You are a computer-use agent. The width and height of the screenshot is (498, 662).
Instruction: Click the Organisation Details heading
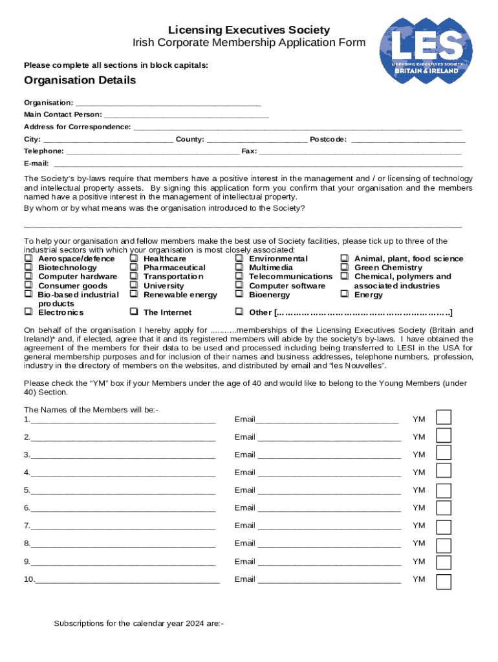click(x=80, y=80)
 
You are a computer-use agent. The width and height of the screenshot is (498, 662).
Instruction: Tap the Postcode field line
click(x=407, y=140)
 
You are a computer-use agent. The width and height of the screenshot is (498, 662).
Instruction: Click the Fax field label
click(x=248, y=151)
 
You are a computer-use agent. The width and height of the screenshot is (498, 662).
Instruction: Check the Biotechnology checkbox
click(x=28, y=268)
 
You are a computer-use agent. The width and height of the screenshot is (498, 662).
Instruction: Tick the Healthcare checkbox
click(x=133, y=259)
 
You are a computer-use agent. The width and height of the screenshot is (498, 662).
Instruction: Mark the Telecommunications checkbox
click(x=239, y=277)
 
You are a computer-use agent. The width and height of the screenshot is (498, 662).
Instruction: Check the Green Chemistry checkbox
click(x=345, y=268)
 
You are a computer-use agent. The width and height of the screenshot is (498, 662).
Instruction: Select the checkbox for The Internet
click(x=133, y=312)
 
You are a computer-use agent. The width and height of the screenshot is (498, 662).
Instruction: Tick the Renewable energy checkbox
click(x=133, y=295)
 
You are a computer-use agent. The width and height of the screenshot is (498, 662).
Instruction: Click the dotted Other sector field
click(x=362, y=313)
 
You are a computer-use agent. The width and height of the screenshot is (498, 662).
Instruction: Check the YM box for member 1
click(x=444, y=418)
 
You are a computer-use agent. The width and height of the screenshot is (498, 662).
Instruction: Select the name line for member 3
click(x=123, y=455)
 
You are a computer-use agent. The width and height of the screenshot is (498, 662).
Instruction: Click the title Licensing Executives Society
click(x=249, y=30)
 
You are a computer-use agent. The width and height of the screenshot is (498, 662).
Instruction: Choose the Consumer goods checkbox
click(x=28, y=286)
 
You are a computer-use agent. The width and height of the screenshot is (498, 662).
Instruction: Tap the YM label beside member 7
click(x=419, y=526)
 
